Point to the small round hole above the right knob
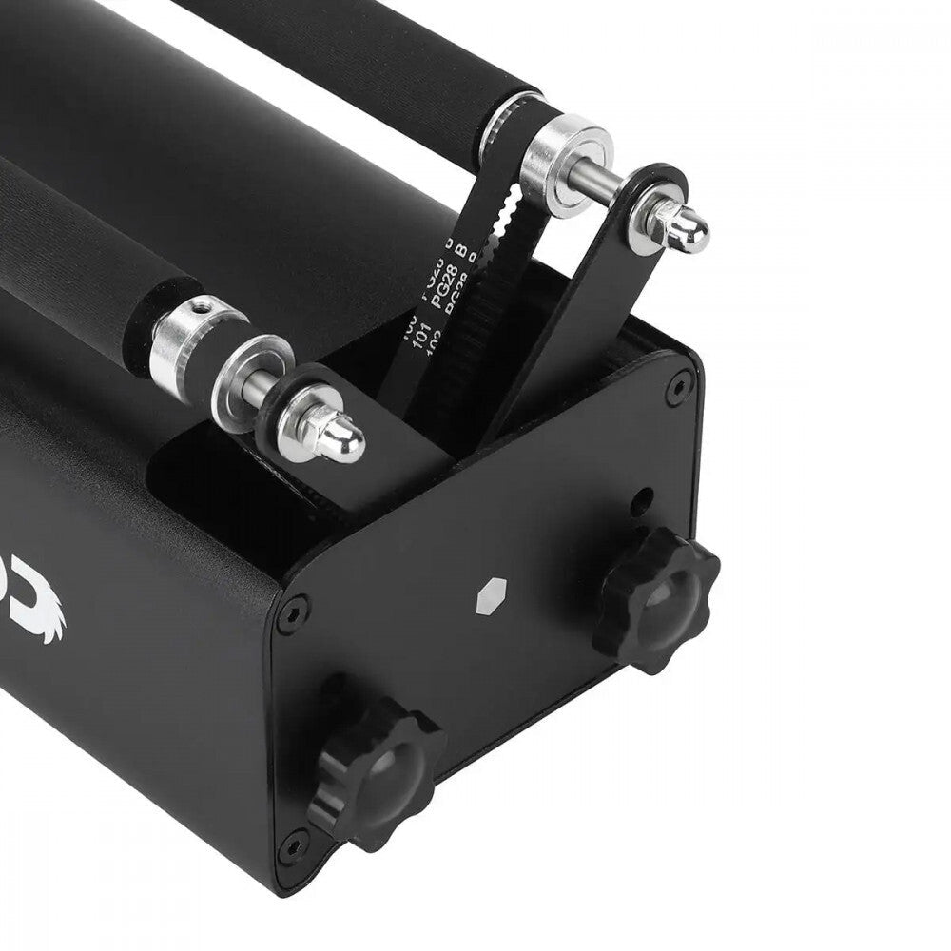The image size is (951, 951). tap(645, 497)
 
